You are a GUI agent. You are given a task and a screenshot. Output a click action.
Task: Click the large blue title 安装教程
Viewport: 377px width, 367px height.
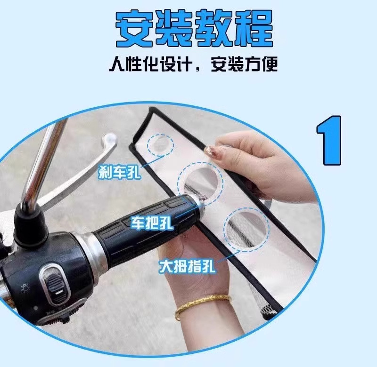tap(194, 28)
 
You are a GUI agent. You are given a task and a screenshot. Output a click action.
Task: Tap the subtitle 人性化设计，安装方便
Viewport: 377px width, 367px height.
tap(194, 64)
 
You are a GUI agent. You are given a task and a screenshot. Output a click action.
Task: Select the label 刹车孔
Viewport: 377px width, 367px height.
tap(119, 171)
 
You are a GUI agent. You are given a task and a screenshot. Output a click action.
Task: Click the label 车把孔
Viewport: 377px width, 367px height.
tap(152, 223)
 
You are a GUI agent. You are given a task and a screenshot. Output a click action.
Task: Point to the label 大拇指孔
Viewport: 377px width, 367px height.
tap(187, 266)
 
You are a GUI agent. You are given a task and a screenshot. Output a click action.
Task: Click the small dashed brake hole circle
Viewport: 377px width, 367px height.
tap(160, 145)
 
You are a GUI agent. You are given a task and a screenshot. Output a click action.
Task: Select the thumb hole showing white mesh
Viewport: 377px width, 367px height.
tap(246, 230)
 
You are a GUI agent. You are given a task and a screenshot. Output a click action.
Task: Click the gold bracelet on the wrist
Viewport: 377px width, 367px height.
tap(203, 305)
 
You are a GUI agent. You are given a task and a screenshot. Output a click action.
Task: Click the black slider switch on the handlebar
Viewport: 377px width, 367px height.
tap(54, 285)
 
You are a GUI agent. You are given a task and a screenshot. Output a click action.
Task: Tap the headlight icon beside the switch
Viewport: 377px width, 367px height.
tap(25, 287)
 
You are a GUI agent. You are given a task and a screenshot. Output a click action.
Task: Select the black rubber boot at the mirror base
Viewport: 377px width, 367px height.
tap(29, 227)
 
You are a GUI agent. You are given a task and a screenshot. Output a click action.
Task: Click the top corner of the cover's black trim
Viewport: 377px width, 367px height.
tap(152, 109)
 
